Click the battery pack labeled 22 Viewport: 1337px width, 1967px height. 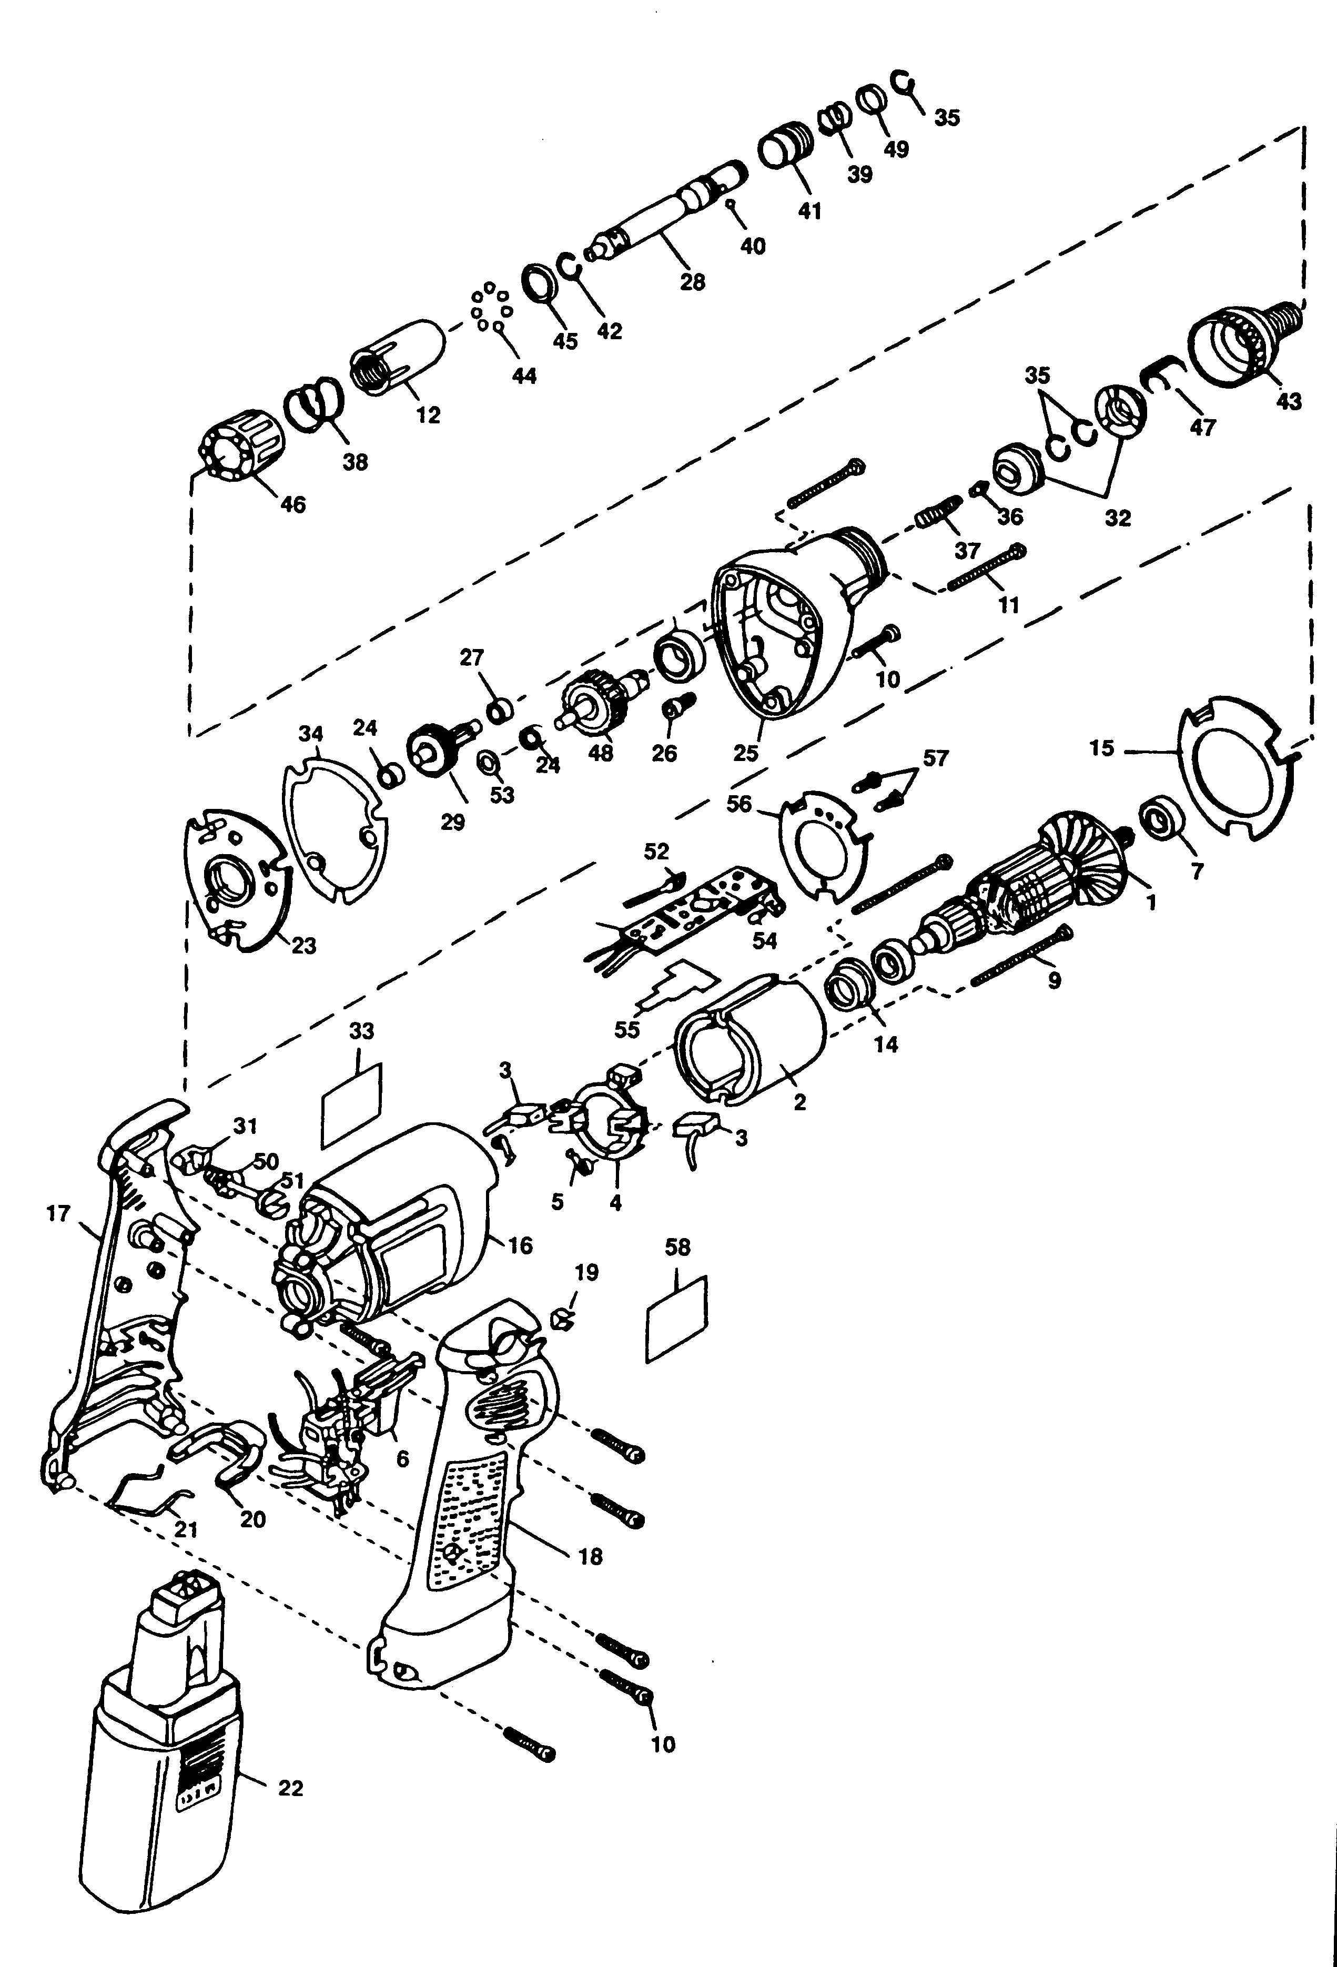pos(161,1786)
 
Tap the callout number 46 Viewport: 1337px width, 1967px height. pos(293,504)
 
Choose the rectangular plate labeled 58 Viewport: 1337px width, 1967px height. pos(677,1320)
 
